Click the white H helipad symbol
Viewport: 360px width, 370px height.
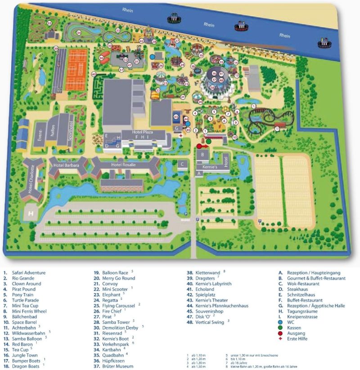coord(31,214)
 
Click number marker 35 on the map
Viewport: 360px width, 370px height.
coord(49,23)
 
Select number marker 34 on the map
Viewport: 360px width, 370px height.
coord(78,33)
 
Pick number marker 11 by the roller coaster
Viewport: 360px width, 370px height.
coord(277,129)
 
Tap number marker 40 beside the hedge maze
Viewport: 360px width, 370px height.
coord(94,74)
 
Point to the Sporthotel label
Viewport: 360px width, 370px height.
coord(70,134)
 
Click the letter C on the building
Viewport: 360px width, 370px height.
coord(182,164)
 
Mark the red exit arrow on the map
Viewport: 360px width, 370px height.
coord(201,146)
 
